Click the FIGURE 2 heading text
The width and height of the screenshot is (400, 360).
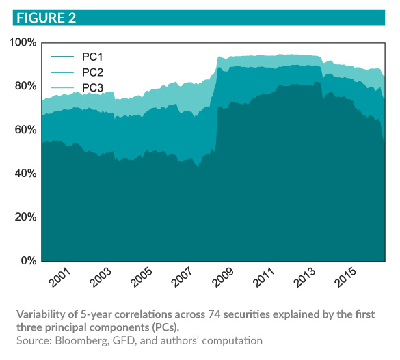click(x=42, y=17)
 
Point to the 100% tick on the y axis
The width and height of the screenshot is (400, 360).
click(x=23, y=42)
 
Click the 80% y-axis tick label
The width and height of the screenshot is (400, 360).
click(x=25, y=86)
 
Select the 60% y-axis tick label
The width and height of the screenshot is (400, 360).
click(x=25, y=130)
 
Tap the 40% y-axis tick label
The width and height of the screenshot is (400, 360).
click(x=25, y=174)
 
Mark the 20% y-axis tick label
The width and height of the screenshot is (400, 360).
click(x=25, y=217)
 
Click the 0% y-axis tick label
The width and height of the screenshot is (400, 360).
click(x=27, y=261)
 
